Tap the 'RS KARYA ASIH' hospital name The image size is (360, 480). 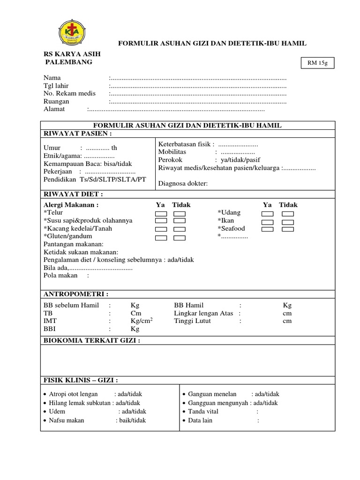tap(72, 54)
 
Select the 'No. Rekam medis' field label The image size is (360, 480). tap(69, 93)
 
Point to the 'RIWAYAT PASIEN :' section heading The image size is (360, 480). tap(78, 133)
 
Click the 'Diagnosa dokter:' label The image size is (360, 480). tap(183, 183)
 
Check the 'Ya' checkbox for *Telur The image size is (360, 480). tap(161, 213)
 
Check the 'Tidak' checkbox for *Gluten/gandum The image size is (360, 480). tap(180, 238)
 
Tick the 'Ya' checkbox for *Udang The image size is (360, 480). tap(268, 213)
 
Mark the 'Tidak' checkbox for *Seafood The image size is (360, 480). tap(288, 229)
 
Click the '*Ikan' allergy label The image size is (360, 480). tap(225, 221)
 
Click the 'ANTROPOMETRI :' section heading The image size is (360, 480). tap(76, 294)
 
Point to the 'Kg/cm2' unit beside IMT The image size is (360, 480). tap(142, 321)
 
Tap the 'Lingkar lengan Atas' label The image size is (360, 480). tap(203, 313)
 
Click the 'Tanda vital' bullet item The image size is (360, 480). tap(203, 412)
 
